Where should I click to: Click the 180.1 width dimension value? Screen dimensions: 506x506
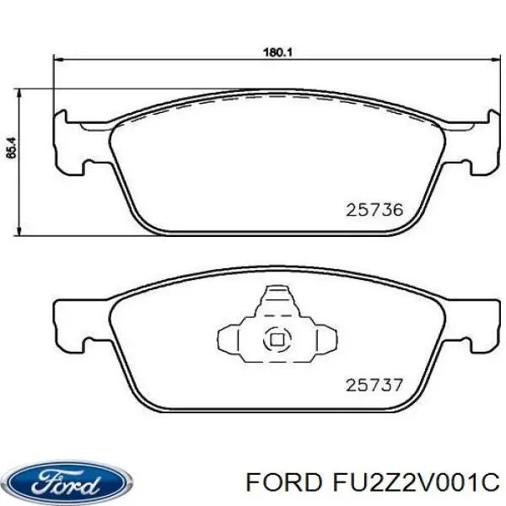(277, 52)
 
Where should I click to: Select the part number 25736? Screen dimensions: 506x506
(374, 209)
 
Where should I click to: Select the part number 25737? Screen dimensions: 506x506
(374, 386)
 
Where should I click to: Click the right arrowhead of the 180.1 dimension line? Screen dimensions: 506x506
(493, 58)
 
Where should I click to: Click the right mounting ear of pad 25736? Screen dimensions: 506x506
(480, 143)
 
